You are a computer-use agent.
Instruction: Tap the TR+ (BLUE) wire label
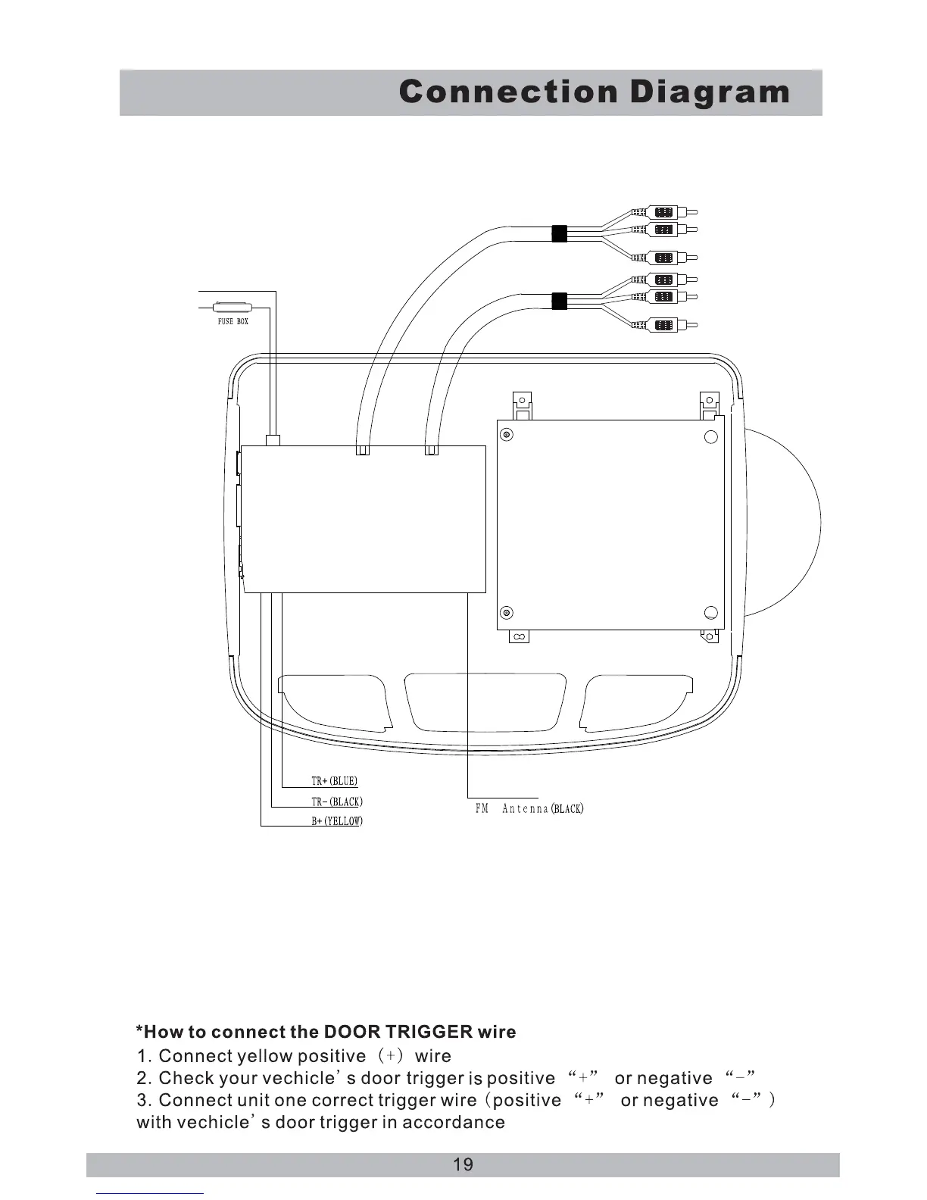point(334,781)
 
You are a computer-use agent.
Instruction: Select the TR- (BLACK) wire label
point(337,802)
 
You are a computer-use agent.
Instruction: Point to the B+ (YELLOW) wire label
point(337,821)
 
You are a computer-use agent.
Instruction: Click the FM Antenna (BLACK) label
point(529,808)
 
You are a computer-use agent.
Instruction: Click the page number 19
point(463,1164)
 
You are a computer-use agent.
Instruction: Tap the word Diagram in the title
point(710,92)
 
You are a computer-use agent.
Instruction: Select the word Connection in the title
point(508,92)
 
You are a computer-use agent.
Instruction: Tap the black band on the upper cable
point(560,233)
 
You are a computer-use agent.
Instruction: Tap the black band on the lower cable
point(560,302)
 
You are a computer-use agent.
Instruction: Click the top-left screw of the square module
point(507,435)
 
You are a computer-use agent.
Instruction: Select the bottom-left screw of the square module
point(507,613)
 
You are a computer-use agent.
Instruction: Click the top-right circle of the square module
point(711,436)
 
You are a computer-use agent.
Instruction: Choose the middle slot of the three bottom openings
point(485,701)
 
